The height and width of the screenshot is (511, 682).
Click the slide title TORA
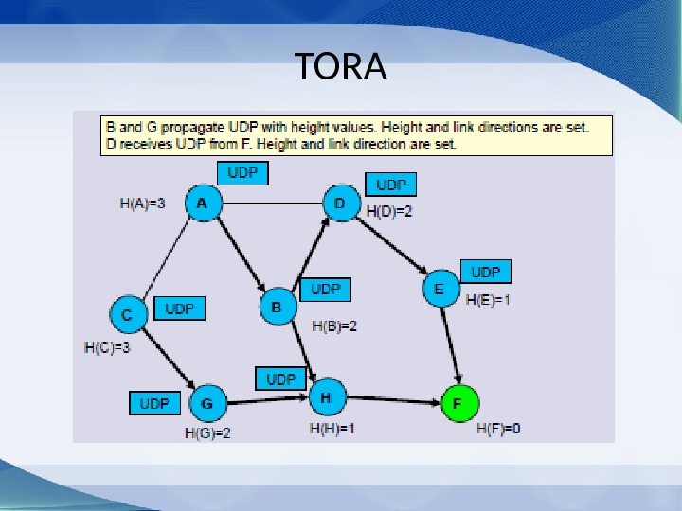coord(341,67)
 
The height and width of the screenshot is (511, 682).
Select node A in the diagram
coord(202,203)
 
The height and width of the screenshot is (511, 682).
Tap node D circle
coord(340,203)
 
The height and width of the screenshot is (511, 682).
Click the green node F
coord(458,404)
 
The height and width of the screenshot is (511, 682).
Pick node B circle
coord(277,308)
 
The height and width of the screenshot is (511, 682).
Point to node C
coord(127,313)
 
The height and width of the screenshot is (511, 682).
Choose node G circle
coord(207,405)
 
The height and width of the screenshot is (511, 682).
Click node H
coord(326,398)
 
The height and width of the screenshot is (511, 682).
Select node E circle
coord(439,289)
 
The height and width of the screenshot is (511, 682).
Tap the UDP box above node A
coord(242,174)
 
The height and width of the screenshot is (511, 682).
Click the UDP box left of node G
coord(154,404)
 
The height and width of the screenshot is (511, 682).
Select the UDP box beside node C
coord(179,309)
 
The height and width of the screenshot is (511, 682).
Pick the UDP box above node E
coord(486,272)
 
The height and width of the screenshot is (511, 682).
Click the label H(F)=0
coord(498,429)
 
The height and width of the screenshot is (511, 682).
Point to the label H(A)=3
coord(143,203)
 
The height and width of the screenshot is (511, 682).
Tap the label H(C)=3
coord(107,347)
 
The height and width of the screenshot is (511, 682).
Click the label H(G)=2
coord(207,433)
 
